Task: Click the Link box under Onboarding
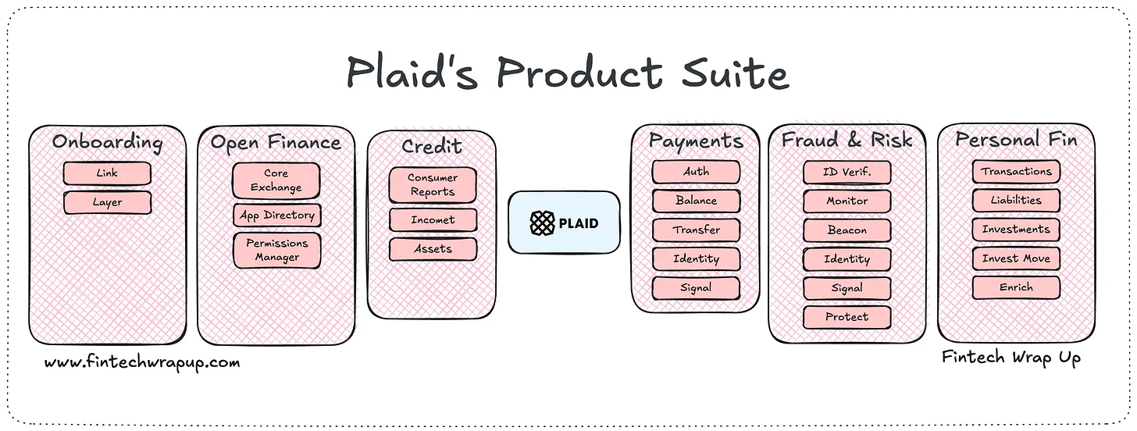(x=107, y=173)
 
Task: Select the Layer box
(x=107, y=202)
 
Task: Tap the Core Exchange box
(x=276, y=180)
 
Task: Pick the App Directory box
(x=276, y=215)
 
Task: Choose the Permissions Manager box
(x=276, y=250)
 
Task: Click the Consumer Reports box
(x=433, y=185)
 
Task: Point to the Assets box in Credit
(x=433, y=249)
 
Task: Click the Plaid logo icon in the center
(x=542, y=223)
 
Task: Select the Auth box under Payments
(x=696, y=172)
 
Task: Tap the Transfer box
(x=696, y=230)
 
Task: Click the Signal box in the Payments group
(x=696, y=287)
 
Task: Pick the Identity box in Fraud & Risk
(x=847, y=258)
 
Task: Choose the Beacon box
(x=847, y=230)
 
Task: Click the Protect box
(x=847, y=316)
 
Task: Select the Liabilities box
(x=1016, y=200)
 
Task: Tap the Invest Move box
(x=1016, y=258)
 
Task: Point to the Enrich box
(x=1016, y=287)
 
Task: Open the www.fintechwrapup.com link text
(x=142, y=362)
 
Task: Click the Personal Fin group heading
(x=1016, y=141)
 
